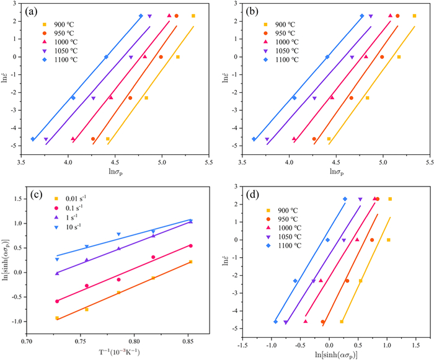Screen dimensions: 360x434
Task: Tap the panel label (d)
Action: point(255,192)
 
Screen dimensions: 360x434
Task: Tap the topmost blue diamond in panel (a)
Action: point(141,15)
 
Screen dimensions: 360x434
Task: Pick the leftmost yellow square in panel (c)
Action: point(57,318)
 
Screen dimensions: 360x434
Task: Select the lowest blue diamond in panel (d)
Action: point(275,322)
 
